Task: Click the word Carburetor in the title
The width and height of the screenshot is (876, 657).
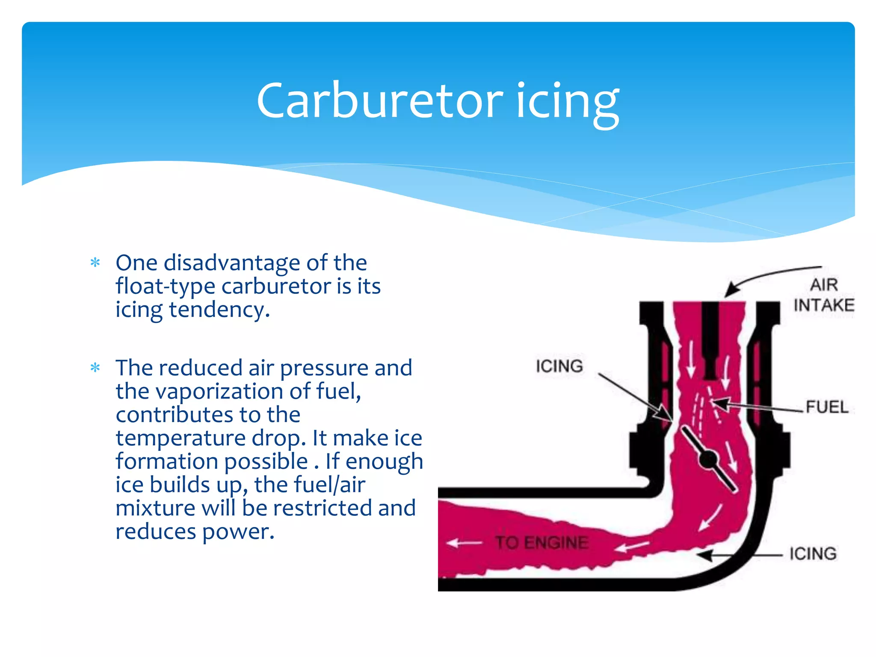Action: tap(380, 101)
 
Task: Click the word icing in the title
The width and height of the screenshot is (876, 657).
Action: tap(567, 103)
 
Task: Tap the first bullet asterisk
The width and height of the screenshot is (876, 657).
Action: tap(95, 262)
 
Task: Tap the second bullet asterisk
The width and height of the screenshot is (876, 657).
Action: tap(95, 367)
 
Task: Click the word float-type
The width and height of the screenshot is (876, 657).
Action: tap(165, 286)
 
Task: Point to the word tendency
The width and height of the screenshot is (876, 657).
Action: tap(219, 310)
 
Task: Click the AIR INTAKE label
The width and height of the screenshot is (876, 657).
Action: tap(823, 295)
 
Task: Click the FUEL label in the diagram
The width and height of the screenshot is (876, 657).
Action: tap(827, 407)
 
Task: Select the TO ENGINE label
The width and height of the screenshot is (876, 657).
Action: tap(542, 543)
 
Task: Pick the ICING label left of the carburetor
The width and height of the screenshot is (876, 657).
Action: tap(559, 366)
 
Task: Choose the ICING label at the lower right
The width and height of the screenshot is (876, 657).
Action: tap(813, 553)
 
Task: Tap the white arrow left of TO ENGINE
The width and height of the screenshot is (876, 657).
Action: tap(465, 543)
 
